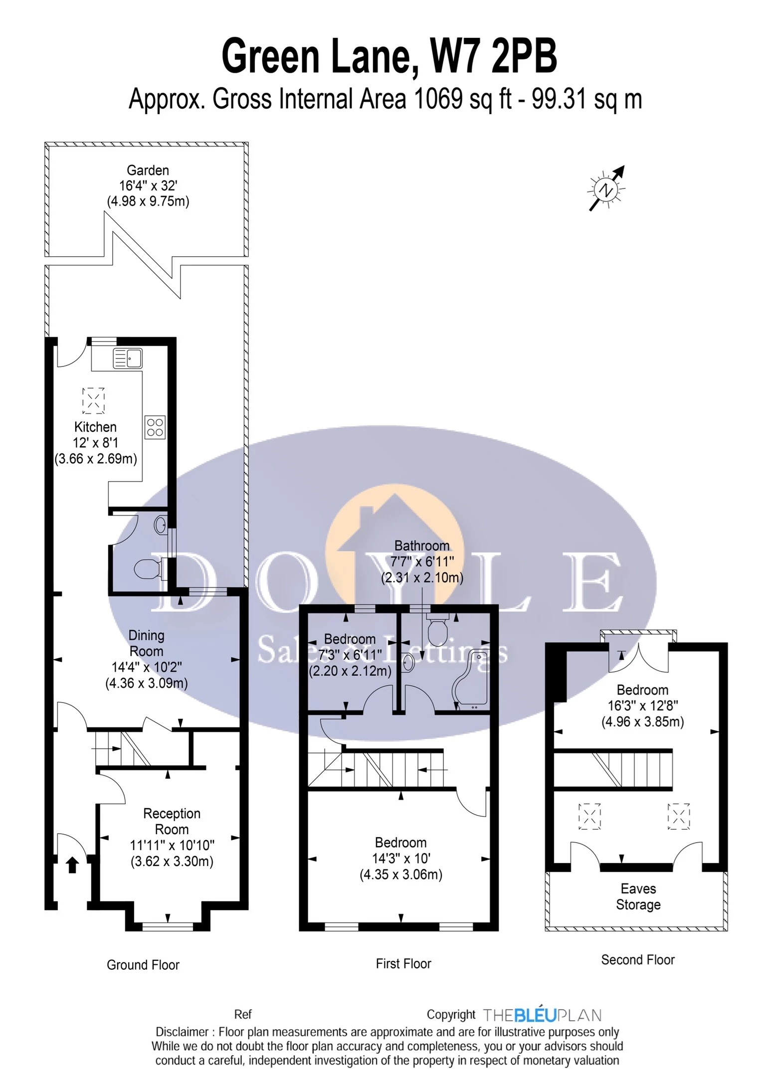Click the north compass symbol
click(606, 189)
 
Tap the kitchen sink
click(128, 358)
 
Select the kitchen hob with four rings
click(155, 428)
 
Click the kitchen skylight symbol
click(93, 400)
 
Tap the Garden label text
click(148, 171)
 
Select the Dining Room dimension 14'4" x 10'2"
click(147, 667)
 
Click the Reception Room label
click(172, 821)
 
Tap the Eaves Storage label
click(638, 897)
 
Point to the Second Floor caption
click(638, 960)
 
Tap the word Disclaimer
click(182, 1032)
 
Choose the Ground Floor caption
click(143, 965)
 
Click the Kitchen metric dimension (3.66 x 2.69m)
click(96, 459)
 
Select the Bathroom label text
click(422, 546)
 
